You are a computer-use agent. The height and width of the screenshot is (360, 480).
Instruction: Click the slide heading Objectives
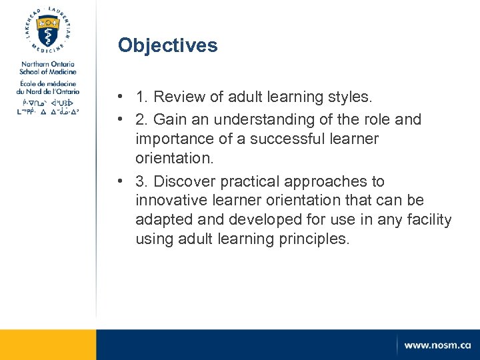(167, 45)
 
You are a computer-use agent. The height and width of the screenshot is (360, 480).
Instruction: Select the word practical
(252, 181)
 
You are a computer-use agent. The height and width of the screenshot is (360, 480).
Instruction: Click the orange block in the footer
(47, 345)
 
